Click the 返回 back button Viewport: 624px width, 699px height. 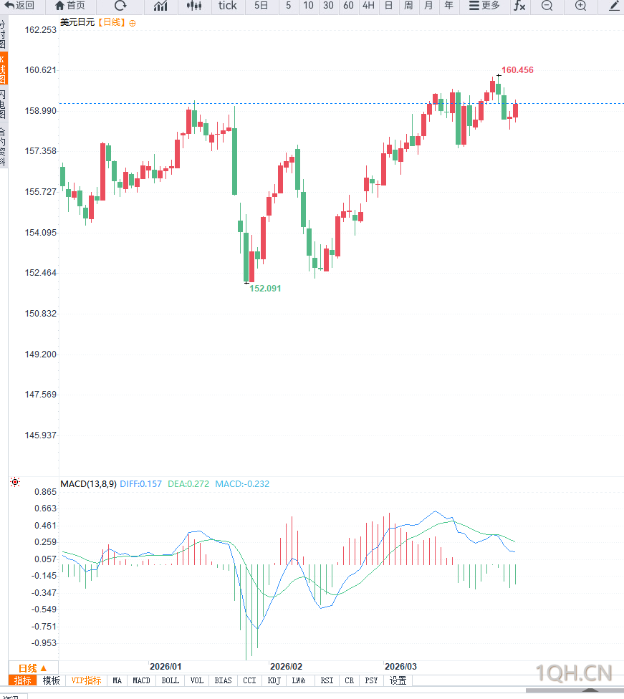[19, 6]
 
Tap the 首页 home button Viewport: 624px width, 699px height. [70, 6]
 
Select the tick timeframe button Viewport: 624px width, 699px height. [227, 6]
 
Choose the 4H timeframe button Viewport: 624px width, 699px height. [368, 6]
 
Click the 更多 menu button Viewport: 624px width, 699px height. [484, 6]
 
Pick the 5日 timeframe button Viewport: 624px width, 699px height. [261, 6]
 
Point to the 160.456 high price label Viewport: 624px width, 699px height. [517, 70]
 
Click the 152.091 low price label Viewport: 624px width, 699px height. [265, 288]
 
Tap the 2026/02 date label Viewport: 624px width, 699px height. [286, 666]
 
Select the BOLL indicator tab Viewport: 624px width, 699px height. [170, 680]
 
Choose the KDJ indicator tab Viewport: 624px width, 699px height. [274, 680]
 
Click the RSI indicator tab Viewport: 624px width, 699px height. [327, 680]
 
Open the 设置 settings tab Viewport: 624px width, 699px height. [398, 680]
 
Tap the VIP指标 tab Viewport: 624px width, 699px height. [86, 680]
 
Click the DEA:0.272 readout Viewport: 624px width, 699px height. [188, 484]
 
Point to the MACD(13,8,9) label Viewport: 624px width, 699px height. [88, 484]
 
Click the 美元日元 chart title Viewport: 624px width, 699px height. [77, 22]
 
